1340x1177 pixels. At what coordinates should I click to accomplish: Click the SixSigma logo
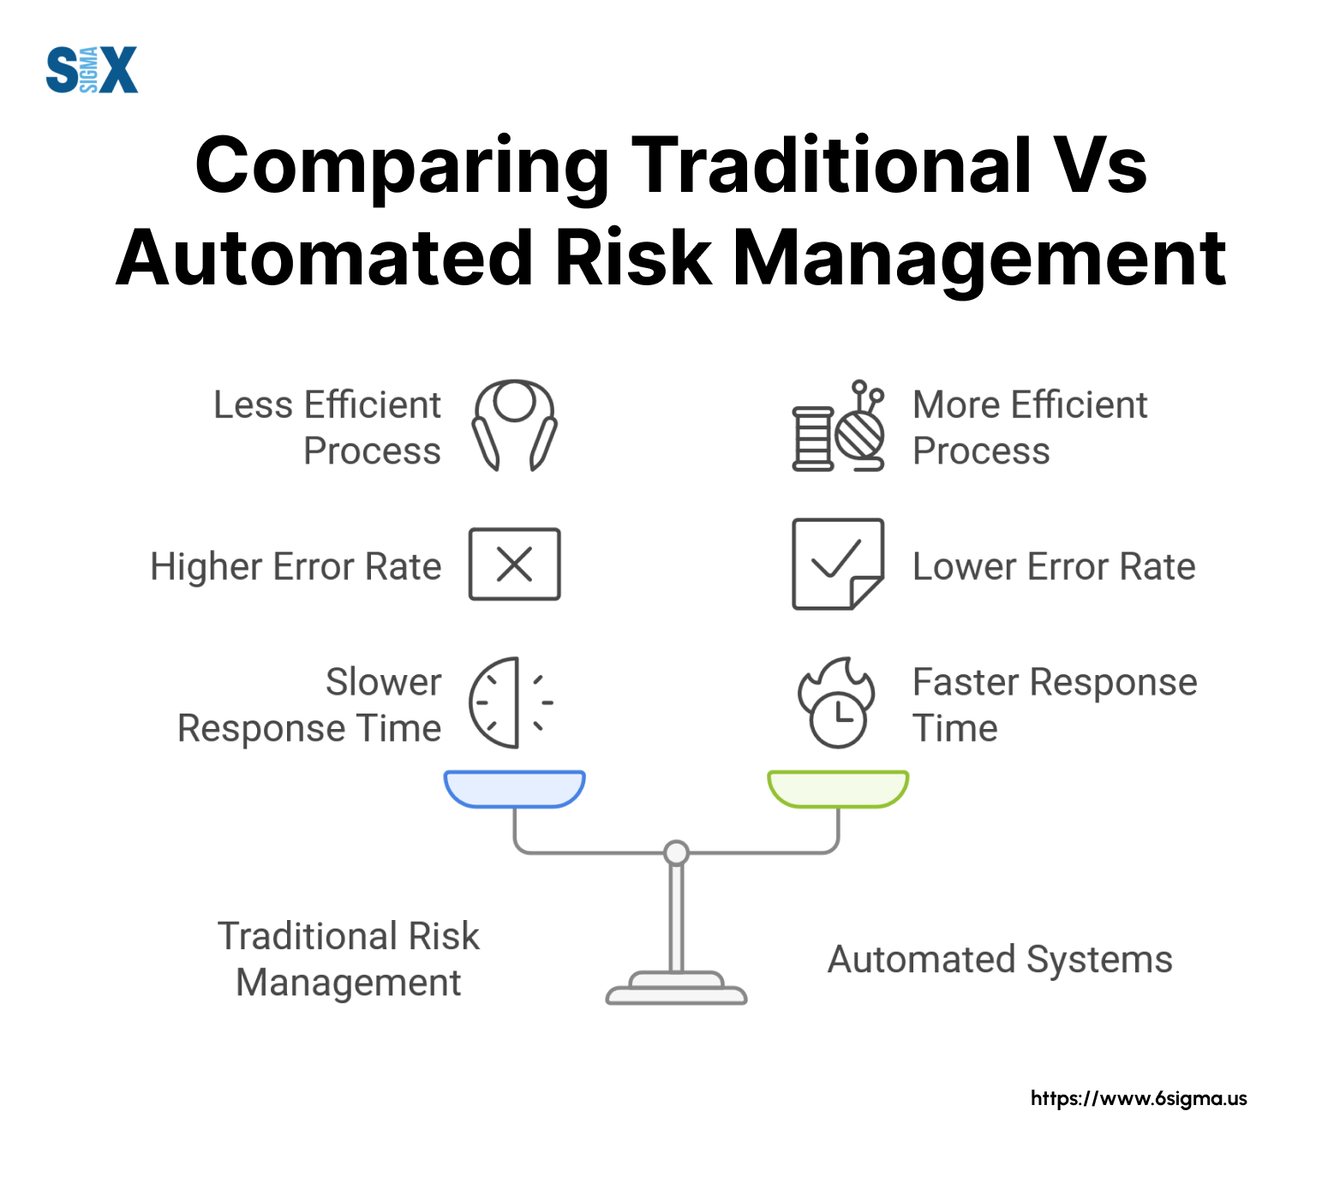coord(92,69)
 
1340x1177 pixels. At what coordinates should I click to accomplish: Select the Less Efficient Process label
coord(327,427)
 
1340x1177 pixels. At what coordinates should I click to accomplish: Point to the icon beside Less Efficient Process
coord(514,425)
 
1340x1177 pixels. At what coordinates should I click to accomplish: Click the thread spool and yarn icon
coord(838,426)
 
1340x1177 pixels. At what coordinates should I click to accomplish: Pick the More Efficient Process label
coord(1030,427)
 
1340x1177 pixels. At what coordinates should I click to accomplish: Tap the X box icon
coord(514,564)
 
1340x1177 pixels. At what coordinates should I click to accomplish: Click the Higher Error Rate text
coord(296,566)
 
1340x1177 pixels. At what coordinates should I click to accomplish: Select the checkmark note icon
coord(838,564)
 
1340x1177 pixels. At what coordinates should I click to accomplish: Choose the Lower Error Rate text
coord(1054,566)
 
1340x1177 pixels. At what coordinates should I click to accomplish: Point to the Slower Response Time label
coord(309,705)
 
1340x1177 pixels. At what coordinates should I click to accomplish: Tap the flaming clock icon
coord(837,702)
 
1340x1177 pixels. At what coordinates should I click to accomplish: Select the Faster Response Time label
coord(1055,705)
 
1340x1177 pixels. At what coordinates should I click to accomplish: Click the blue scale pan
coord(514,789)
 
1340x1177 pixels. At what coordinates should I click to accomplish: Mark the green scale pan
coord(838,789)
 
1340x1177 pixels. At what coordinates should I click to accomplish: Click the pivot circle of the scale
coord(677,852)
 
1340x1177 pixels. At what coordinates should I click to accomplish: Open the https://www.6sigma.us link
coord(1139,1098)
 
